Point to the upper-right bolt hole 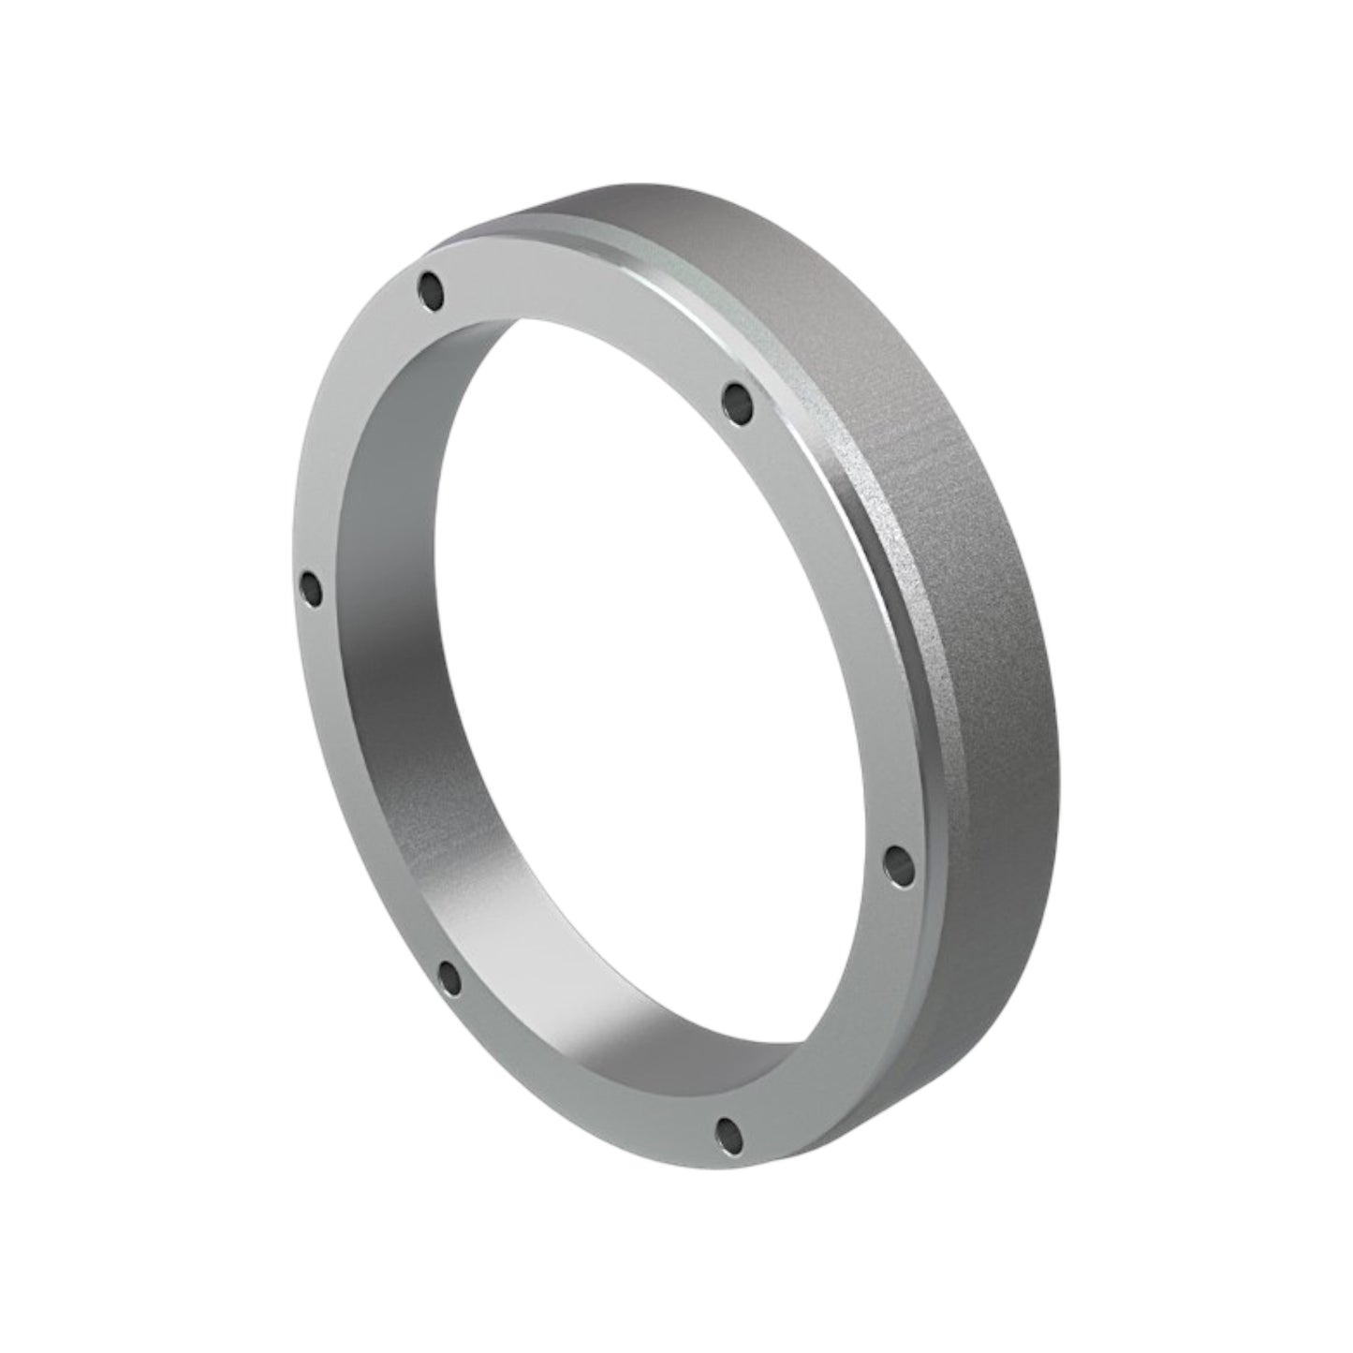(740, 400)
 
